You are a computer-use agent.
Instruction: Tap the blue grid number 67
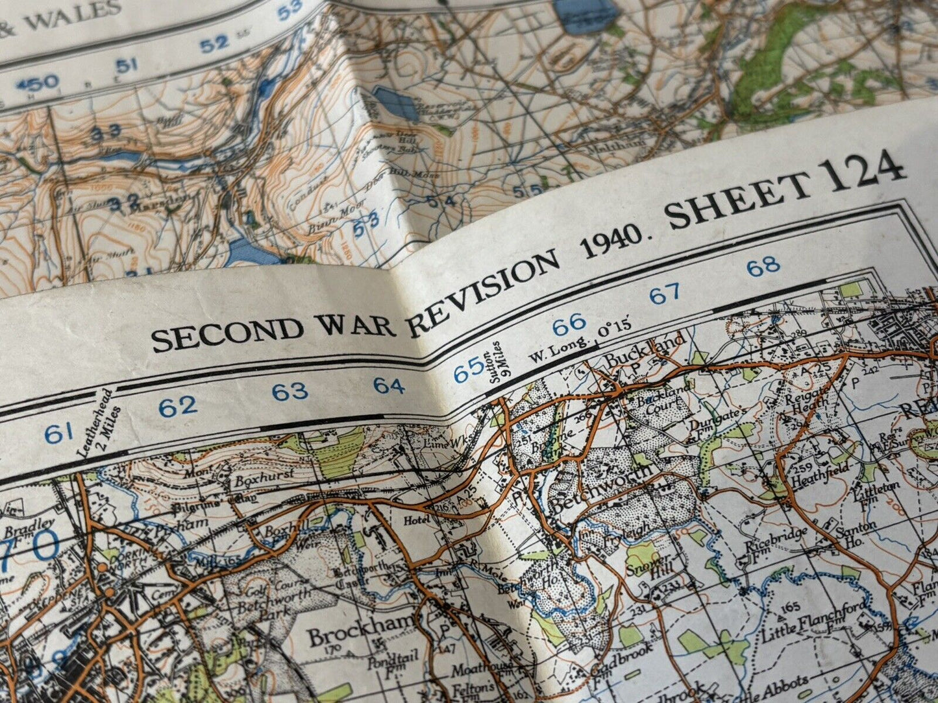pyautogui.click(x=665, y=294)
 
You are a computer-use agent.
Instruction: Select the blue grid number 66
pyautogui.click(x=569, y=322)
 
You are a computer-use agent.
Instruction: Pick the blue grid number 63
pyautogui.click(x=290, y=391)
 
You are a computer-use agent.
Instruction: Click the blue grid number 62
pyautogui.click(x=178, y=407)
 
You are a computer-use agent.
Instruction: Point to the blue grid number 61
pyautogui.click(x=58, y=433)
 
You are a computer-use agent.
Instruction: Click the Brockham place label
pyautogui.click(x=360, y=627)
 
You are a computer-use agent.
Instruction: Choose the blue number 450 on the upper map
pyautogui.click(x=37, y=83)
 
